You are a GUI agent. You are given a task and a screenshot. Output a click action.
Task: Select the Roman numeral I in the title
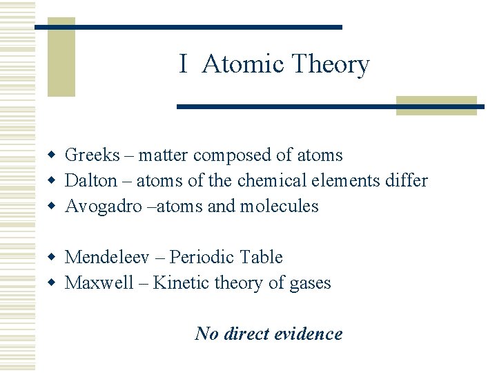[183, 64]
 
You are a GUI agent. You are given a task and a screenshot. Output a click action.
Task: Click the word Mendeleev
[104, 258]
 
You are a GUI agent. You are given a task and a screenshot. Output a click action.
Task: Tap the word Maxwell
[99, 283]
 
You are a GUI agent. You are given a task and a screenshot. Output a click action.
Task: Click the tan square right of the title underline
[436, 105]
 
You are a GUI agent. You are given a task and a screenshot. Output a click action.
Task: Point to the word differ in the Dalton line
[408, 181]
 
